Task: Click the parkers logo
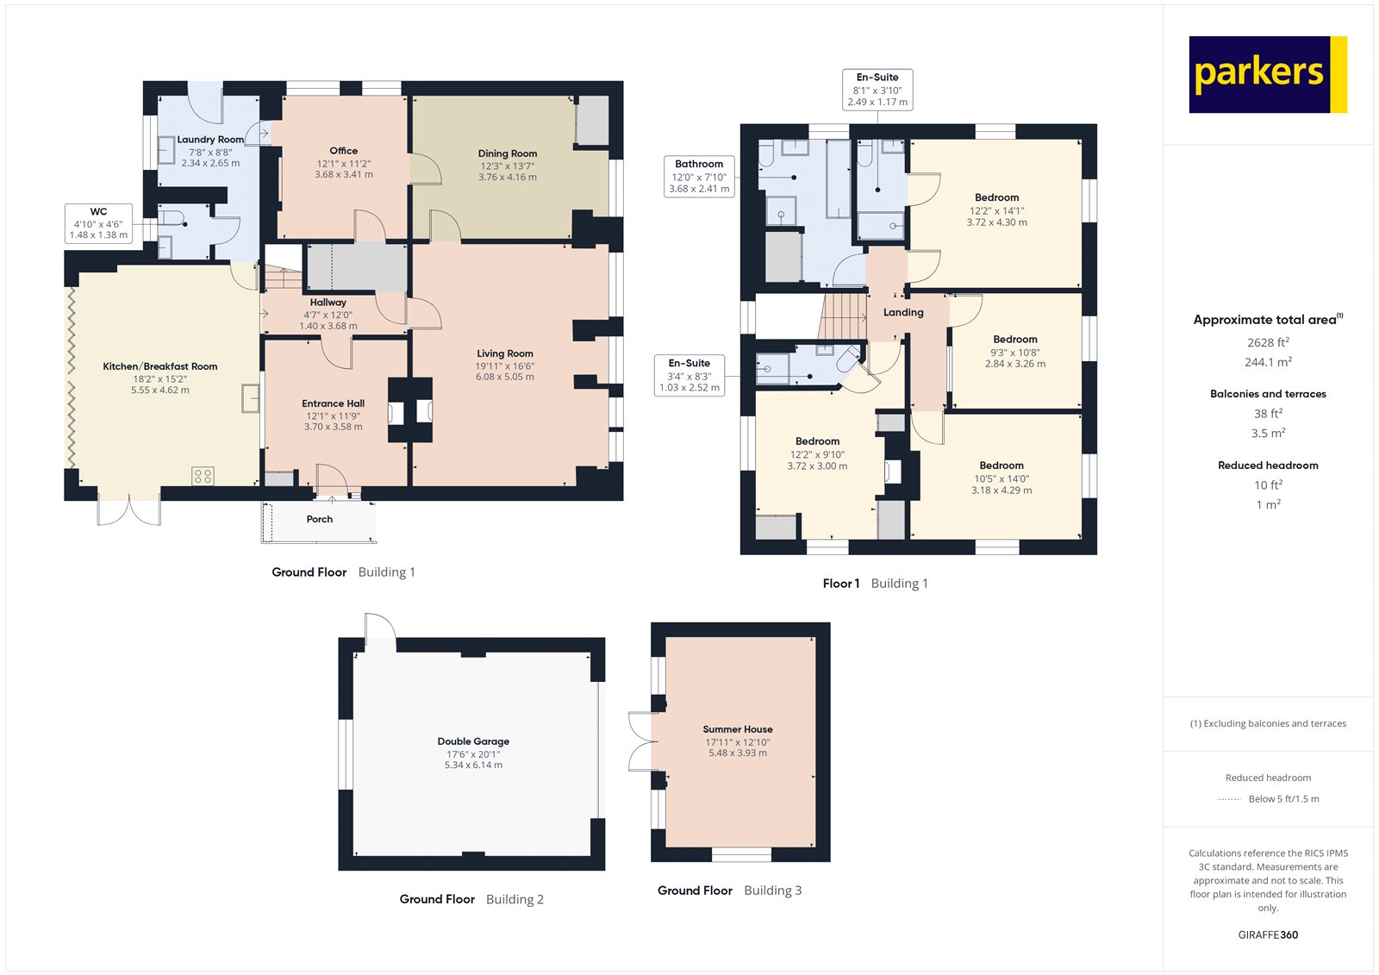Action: [1267, 74]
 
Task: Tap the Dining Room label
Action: [507, 153]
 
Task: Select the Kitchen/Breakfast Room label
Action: [159, 366]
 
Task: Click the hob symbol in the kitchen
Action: [203, 475]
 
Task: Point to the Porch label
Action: [319, 519]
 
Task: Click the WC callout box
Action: [98, 223]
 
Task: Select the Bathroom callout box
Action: [699, 176]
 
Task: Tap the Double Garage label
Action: [473, 741]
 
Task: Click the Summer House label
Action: [738, 729]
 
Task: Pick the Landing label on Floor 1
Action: [902, 313]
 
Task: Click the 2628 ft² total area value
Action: [1268, 342]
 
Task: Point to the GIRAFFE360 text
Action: [1268, 934]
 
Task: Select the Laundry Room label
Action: [210, 140]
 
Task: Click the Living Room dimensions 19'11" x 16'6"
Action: [505, 366]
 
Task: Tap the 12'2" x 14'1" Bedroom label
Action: [996, 198]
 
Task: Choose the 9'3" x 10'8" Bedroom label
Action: [1014, 340]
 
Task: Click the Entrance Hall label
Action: [333, 403]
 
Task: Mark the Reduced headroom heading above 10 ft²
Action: [1268, 466]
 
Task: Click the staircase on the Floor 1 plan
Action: [843, 316]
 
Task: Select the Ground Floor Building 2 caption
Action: [471, 899]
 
